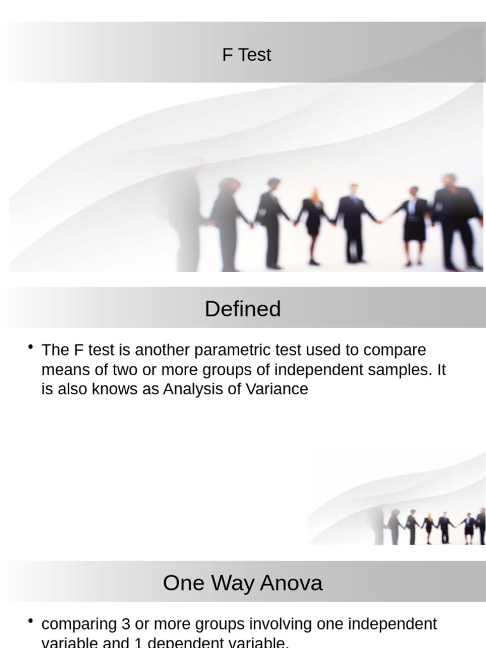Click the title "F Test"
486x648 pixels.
(246, 55)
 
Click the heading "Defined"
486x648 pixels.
(242, 309)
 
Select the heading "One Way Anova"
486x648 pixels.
(242, 583)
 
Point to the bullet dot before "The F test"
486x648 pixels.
(31, 347)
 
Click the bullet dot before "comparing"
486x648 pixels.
(31, 621)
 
